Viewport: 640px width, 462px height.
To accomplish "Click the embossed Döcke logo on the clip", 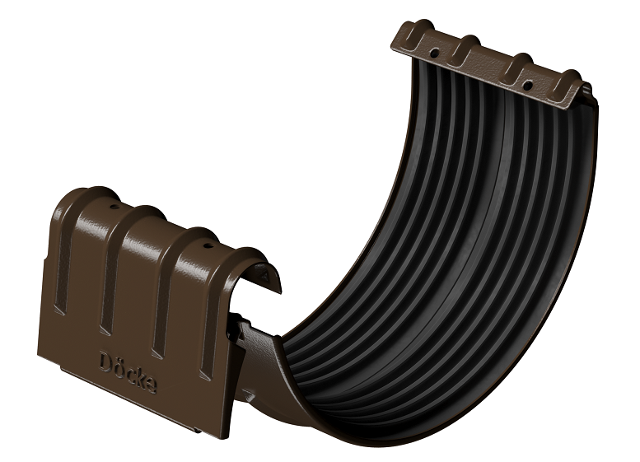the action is pyautogui.click(x=128, y=372).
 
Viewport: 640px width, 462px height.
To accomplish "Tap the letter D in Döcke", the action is pyautogui.click(x=105, y=362).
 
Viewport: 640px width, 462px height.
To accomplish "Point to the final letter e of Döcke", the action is pyautogui.click(x=151, y=385).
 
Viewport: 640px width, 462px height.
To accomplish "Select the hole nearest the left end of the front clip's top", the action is pyautogui.click(x=114, y=207).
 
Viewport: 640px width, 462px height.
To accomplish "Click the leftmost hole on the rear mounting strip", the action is pyautogui.click(x=435, y=53).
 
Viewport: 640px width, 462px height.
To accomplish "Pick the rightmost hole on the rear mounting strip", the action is pyautogui.click(x=527, y=86).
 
